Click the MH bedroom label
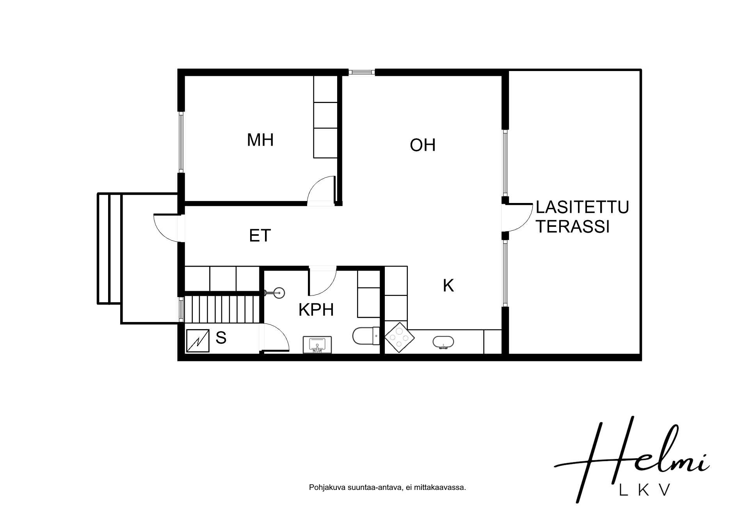point(260,140)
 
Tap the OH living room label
point(423,145)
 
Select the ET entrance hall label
point(260,236)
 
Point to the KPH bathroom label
point(316,310)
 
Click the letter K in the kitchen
point(448,286)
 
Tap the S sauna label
point(221,338)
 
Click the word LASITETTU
point(582,207)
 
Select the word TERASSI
point(573,227)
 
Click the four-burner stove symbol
point(399,337)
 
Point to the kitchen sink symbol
point(444,342)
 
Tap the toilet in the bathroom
point(366,336)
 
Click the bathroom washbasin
point(317,345)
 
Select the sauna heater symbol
point(197,340)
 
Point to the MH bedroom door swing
point(321,190)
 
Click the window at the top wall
point(361,72)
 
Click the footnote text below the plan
point(388,488)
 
